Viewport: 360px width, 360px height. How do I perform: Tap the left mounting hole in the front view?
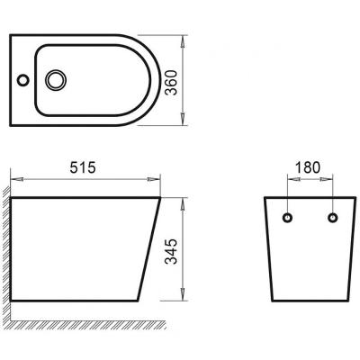coord(289,219)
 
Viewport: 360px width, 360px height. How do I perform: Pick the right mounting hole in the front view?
coord(333,219)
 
